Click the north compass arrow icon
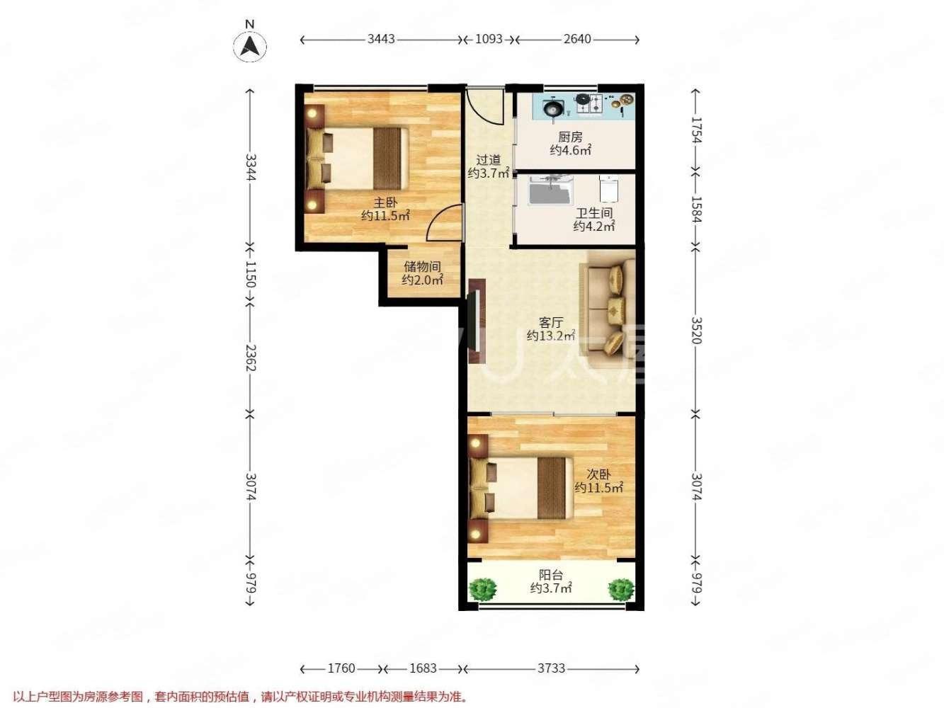[x=250, y=45]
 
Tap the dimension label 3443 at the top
[x=381, y=40]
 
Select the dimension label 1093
[x=488, y=40]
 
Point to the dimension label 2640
[x=577, y=40]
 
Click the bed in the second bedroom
[x=521, y=489]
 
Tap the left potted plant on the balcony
[x=483, y=588]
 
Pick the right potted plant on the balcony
[x=621, y=588]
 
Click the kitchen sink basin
[x=553, y=108]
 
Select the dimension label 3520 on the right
[x=696, y=330]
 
